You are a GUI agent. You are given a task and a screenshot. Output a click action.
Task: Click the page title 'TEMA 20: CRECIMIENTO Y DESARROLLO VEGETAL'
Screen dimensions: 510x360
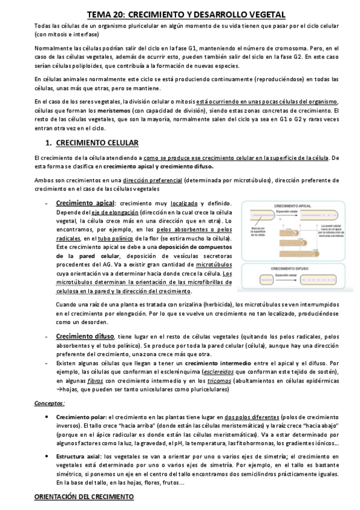(180, 13)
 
